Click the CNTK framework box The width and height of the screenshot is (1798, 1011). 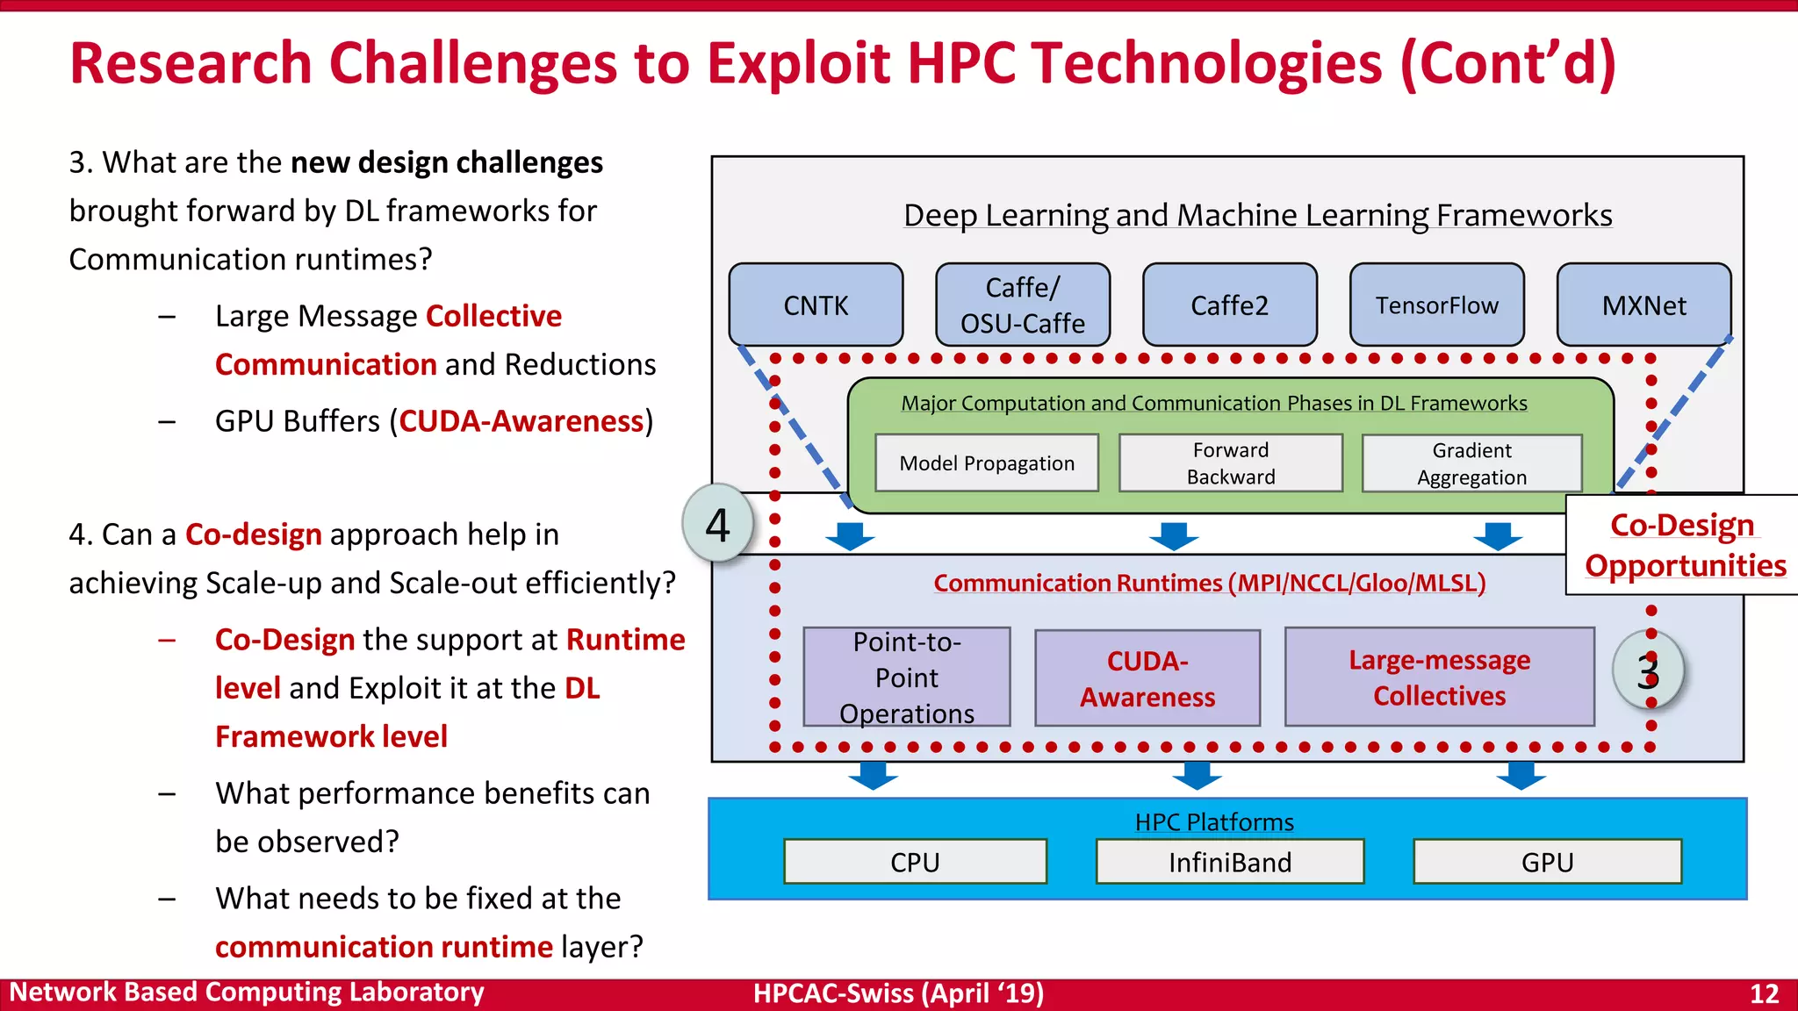pyautogui.click(x=816, y=305)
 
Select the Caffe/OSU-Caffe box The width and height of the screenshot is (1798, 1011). pyautogui.click(x=1023, y=305)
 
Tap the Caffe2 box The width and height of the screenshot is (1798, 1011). pyautogui.click(x=1229, y=305)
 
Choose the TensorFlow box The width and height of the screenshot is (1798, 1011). pyautogui.click(x=1436, y=305)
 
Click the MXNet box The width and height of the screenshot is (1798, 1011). pyautogui.click(x=1643, y=305)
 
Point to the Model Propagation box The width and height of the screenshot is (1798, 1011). pyautogui.click(x=987, y=462)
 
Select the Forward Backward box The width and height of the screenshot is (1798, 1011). pyautogui.click(x=1231, y=462)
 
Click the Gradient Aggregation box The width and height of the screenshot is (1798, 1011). pyautogui.click(x=1472, y=463)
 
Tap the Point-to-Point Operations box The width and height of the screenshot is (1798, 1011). pyautogui.click(x=907, y=677)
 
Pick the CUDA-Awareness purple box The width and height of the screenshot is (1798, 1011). pyautogui.click(x=1147, y=678)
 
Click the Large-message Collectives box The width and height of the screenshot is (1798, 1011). pyautogui.click(x=1440, y=677)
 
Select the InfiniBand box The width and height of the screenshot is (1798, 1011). pyautogui.click(x=1230, y=862)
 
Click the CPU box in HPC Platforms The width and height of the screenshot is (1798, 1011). pyautogui.click(x=915, y=862)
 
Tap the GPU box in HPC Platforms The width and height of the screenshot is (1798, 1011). pyautogui.click(x=1547, y=862)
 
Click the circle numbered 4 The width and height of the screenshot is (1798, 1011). pyautogui.click(x=718, y=524)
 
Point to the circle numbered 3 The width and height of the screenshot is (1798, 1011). pyautogui.click(x=1648, y=671)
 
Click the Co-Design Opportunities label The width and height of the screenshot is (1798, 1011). pyautogui.click(x=1685, y=545)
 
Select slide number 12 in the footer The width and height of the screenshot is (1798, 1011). pyautogui.click(x=1764, y=993)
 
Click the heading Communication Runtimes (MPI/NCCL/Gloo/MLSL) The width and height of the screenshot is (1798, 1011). pyautogui.click(x=1209, y=583)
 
